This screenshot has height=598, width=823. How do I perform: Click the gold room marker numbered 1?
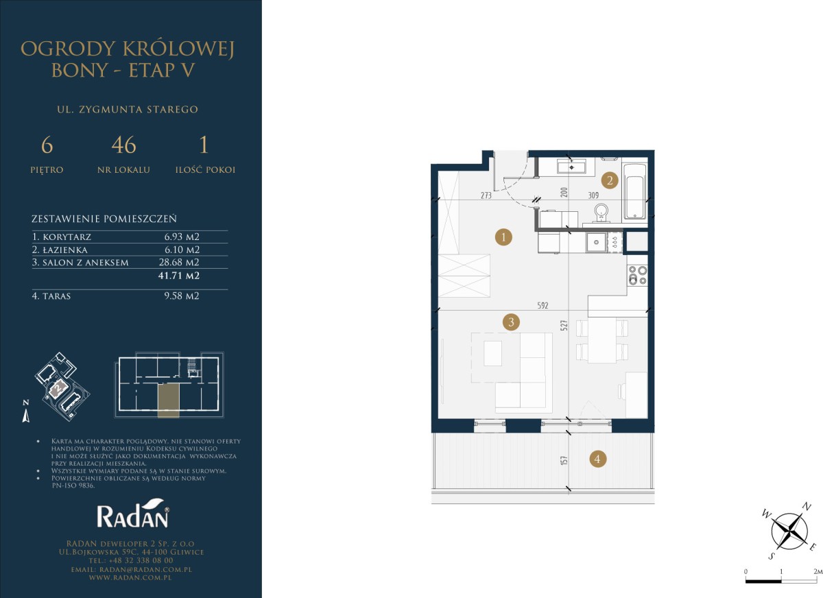point(503,237)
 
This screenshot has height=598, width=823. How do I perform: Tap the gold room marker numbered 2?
point(610,180)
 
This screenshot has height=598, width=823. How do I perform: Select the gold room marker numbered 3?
point(511,322)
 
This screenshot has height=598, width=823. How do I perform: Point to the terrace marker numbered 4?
point(597,459)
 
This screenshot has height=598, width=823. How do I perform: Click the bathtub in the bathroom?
point(635,191)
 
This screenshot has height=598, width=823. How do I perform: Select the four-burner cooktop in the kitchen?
point(637,275)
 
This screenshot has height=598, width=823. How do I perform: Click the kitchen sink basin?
point(596,243)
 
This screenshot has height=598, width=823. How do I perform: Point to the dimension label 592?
point(542,305)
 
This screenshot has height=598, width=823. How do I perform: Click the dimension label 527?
point(564,326)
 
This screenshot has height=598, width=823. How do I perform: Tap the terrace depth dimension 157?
point(564,460)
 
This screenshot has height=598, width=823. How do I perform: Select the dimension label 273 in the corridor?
point(486,195)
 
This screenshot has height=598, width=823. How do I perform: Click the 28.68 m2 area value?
point(179,262)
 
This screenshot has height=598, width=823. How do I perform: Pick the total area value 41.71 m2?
point(179,276)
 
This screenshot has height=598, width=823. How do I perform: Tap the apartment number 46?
point(124,145)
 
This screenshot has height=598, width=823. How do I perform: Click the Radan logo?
point(133,513)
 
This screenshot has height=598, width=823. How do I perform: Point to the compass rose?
point(789,531)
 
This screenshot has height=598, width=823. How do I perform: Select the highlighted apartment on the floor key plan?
point(169,400)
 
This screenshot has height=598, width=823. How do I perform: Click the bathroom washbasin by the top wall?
point(571,166)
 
